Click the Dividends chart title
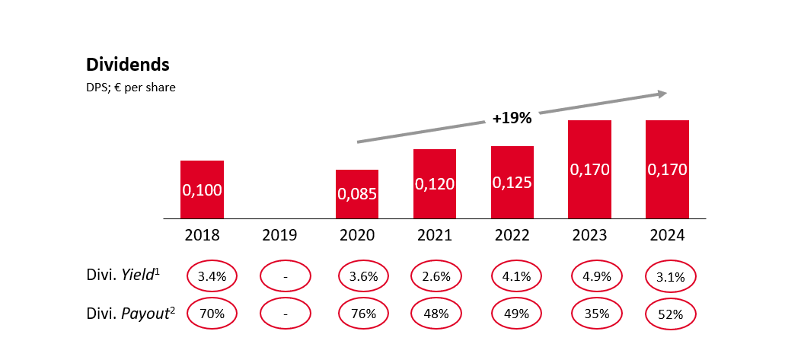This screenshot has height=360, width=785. pos(128,65)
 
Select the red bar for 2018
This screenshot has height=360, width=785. pos(202,190)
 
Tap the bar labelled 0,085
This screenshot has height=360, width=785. pos(357,194)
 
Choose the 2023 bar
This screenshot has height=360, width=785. pos(590,170)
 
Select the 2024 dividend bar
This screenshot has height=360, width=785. pos(667,170)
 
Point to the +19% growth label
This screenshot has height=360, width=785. pos(512,118)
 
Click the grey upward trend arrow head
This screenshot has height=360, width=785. pos(661,94)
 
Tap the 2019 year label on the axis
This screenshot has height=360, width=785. pos(279,235)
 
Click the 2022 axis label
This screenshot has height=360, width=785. pos(512,235)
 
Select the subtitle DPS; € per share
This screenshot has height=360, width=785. pos(131,88)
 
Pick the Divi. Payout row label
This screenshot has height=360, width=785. pos(129,311)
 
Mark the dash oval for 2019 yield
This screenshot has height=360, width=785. pos(285,276)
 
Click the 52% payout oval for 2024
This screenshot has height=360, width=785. pos(671,312)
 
